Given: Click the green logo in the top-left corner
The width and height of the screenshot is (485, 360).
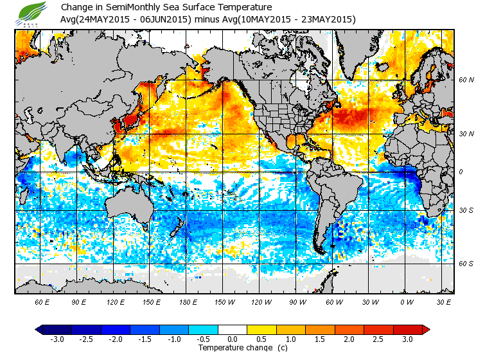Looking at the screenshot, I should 33,12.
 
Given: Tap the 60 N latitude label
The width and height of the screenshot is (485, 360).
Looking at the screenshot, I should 466,80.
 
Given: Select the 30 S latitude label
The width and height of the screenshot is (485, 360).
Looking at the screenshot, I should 466,211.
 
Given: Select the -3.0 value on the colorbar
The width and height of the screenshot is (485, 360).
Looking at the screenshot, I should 57,339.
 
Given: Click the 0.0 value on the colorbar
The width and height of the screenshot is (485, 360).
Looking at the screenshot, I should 233,339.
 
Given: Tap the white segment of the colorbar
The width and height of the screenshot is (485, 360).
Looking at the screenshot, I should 233,329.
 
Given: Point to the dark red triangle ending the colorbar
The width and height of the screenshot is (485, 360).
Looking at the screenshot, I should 426,329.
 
